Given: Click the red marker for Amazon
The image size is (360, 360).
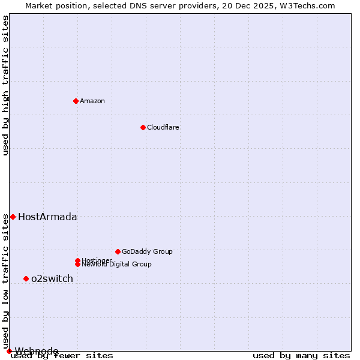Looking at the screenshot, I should [76, 101].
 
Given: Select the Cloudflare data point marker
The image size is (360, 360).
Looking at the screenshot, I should [143, 127].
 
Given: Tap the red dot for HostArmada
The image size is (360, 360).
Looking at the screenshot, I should [13, 217].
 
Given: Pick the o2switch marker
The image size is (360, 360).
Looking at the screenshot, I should [26, 278].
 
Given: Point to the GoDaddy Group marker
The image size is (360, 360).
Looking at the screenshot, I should [118, 251].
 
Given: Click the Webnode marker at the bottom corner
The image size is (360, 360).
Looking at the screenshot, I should [9, 351].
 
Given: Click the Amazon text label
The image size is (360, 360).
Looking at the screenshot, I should [92, 101].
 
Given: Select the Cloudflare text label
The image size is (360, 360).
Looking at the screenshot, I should [163, 127].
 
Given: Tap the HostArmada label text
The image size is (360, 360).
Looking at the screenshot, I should [47, 217].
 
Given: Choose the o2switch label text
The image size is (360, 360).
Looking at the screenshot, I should [52, 279].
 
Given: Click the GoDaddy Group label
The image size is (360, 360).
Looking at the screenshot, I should [147, 251].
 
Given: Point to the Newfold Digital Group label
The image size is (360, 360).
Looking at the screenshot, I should [116, 265].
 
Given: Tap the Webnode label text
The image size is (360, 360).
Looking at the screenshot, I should [37, 351].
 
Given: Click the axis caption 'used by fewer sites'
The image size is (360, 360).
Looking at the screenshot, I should [62, 356].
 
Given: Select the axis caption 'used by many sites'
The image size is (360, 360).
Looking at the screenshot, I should [301, 356].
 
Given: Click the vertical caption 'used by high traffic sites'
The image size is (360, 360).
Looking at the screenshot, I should [5, 85].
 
